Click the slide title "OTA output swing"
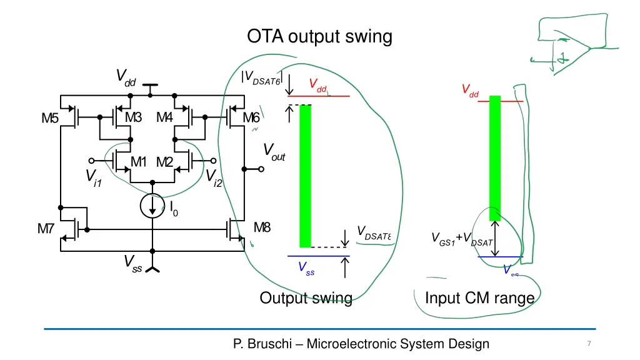coord(319,37)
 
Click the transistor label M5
coord(51,117)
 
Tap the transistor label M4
coord(165,117)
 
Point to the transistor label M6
coord(251,117)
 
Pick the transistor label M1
coord(138,162)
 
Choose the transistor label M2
coord(165,162)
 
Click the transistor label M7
coord(46,229)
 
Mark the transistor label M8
coord(262,227)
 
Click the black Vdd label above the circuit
coord(126,77)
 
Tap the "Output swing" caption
coord(306,298)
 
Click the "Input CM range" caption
coord(479,298)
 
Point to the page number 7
coord(589,344)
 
